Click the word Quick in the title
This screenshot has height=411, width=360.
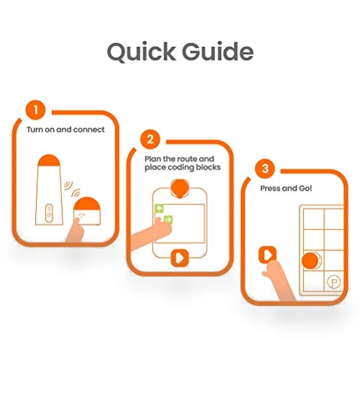pyautogui.click(x=141, y=52)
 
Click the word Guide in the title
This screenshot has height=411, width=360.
pyautogui.click(x=218, y=51)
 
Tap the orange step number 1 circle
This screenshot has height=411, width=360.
pyautogui.click(x=35, y=110)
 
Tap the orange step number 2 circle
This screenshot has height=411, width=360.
pyautogui.click(x=150, y=139)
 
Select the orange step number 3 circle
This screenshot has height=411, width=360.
pyautogui.click(x=265, y=168)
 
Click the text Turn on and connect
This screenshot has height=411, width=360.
pyautogui.click(x=66, y=130)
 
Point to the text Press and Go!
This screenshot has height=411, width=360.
pyautogui.click(x=286, y=188)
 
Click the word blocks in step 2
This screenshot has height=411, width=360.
pyautogui.click(x=208, y=167)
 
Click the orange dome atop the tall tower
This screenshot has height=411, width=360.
pyautogui.click(x=49, y=161)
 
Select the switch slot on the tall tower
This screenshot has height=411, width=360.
pyautogui.click(x=49, y=213)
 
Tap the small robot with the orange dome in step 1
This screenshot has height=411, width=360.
pyautogui.click(x=87, y=211)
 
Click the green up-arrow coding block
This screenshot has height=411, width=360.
pyautogui.click(x=159, y=209)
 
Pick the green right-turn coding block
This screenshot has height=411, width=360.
pyautogui.click(x=168, y=220)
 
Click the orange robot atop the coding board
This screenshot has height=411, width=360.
pyautogui.click(x=179, y=188)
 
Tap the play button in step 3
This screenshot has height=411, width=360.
pyautogui.click(x=267, y=254)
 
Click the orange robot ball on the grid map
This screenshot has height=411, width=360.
pyautogui.click(x=310, y=261)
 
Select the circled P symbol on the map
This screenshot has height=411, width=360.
pyautogui.click(x=334, y=282)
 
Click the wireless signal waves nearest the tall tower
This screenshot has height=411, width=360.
pyautogui.click(x=68, y=185)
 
